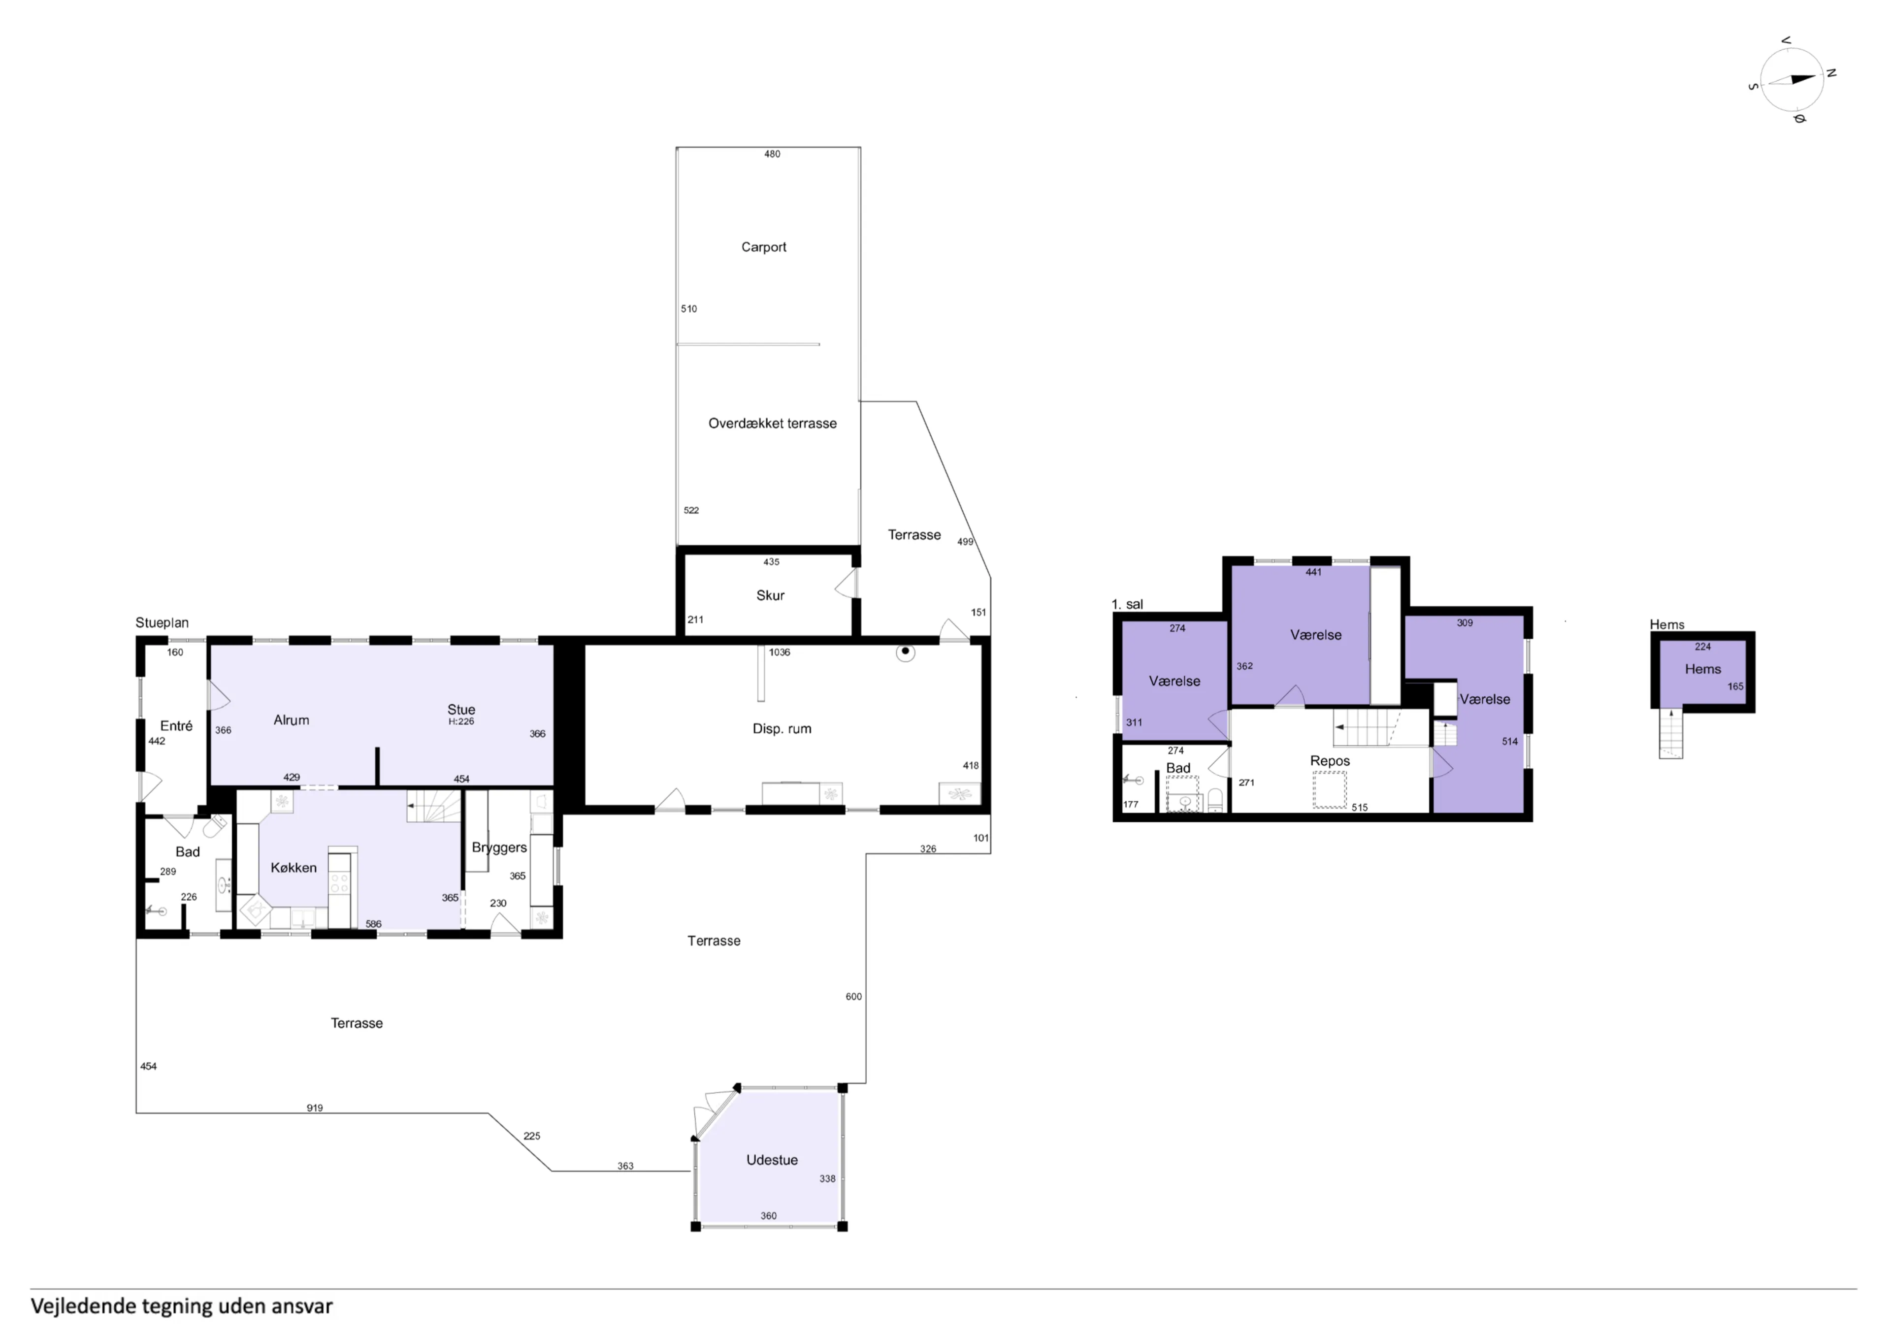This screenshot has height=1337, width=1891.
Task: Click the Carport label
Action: click(763, 247)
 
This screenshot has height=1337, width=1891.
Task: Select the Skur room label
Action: click(770, 595)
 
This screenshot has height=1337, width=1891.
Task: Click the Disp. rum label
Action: click(782, 729)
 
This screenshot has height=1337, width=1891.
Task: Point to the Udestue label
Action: click(772, 1160)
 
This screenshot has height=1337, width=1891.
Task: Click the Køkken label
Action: click(293, 867)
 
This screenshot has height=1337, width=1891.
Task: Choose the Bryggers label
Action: click(499, 848)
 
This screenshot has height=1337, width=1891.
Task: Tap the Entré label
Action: click(176, 726)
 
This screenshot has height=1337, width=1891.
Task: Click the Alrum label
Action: click(292, 720)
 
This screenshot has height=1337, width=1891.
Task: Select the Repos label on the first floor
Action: click(1330, 761)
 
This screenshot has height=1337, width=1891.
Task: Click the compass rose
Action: click(1792, 80)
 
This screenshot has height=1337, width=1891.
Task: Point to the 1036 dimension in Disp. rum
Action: click(779, 652)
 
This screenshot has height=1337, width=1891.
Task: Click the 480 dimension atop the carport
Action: click(772, 154)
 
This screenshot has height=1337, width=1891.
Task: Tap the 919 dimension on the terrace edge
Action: click(315, 1108)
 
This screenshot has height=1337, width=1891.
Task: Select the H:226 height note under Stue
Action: click(461, 721)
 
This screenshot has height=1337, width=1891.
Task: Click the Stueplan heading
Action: click(162, 623)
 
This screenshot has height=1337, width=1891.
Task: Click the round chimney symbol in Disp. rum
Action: click(905, 652)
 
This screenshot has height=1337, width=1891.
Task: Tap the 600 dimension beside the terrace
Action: click(853, 997)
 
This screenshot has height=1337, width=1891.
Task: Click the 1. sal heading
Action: click(1127, 605)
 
